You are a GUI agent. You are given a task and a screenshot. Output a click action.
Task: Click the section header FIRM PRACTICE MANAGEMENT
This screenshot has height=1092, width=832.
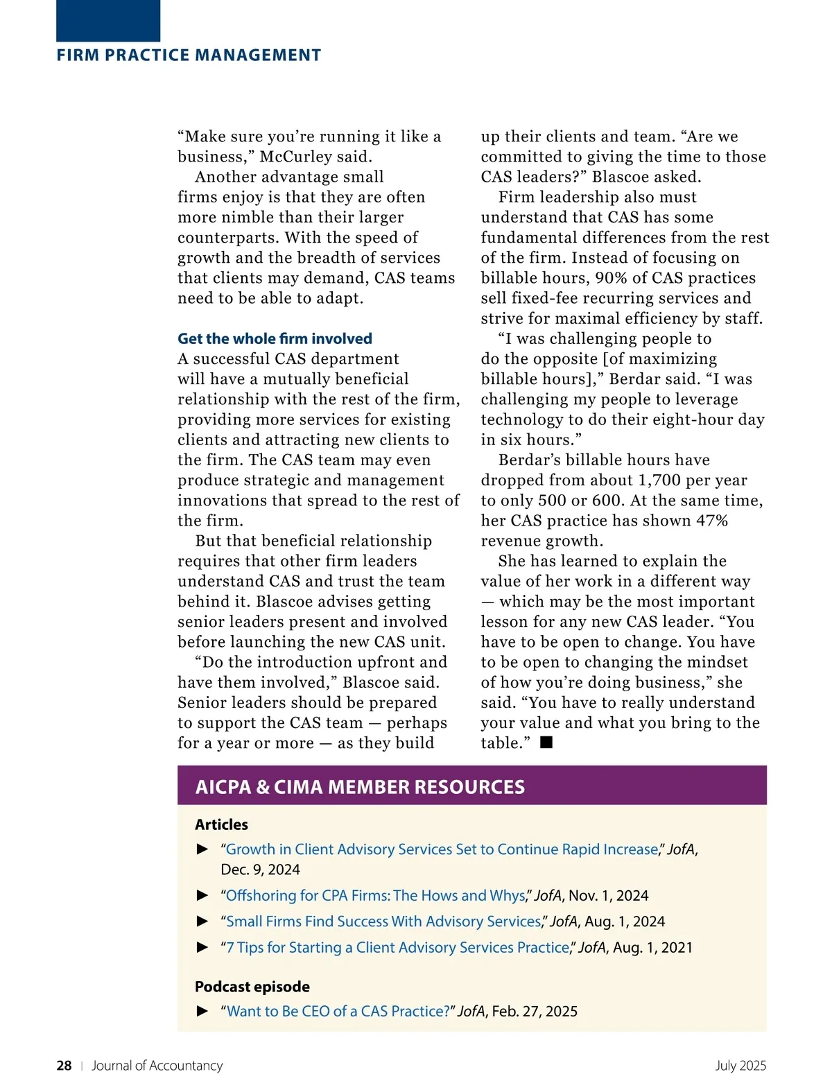pos(189,55)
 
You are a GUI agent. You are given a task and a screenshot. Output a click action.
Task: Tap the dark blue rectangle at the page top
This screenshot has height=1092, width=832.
pos(108,20)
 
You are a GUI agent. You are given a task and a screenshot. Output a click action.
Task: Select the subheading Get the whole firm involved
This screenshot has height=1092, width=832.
pos(275,338)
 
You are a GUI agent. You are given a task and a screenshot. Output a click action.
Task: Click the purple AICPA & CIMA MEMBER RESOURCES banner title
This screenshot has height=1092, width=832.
pos(360,787)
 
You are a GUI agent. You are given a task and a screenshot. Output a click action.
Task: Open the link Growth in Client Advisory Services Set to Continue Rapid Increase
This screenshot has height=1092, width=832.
pos(442,849)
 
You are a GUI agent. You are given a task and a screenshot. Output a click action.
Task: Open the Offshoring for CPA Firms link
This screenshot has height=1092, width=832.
pos(375,896)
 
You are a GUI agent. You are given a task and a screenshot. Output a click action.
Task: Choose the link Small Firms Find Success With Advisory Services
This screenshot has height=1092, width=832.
pos(383,921)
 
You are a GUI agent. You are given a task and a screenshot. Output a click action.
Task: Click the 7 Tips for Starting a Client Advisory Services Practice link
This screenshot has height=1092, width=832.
pos(397,948)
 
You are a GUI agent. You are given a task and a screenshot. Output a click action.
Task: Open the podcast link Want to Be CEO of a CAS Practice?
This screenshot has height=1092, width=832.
pos(338,1012)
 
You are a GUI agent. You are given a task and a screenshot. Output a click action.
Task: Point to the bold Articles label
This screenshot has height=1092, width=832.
pos(221,824)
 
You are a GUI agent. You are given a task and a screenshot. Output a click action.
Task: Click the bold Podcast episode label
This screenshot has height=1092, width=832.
pos(252,987)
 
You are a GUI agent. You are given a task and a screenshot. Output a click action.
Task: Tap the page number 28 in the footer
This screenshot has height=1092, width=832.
pos(64,1066)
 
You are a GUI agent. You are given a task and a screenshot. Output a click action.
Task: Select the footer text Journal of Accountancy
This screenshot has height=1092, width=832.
pos(157,1066)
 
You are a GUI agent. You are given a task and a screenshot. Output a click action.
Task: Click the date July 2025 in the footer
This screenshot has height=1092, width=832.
pos(740,1066)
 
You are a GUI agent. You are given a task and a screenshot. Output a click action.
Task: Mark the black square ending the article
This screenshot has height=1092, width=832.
pos(546,743)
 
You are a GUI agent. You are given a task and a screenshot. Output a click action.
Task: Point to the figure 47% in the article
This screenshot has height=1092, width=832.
pos(712,521)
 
